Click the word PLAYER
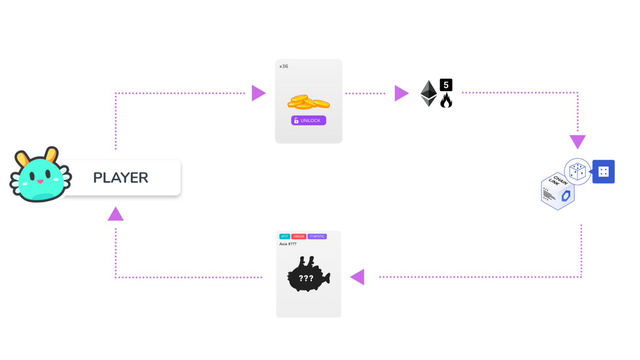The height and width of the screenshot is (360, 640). [x=121, y=177]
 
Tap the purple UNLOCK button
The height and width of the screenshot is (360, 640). [x=309, y=120]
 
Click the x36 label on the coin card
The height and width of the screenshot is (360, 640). [x=284, y=66]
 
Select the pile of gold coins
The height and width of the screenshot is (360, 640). [x=308, y=102]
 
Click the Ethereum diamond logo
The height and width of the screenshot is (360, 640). [x=428, y=93]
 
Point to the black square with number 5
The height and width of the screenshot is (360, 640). [x=446, y=85]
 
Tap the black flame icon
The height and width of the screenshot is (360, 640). [x=446, y=101]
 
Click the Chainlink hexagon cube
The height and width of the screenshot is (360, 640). [x=558, y=192]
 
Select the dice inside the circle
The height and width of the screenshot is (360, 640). [x=577, y=172]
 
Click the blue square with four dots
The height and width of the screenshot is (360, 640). [x=603, y=172]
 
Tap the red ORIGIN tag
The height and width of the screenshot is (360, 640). [x=299, y=236]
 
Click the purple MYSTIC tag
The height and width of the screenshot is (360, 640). [x=317, y=236]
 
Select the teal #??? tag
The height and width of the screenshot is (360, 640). [x=284, y=236]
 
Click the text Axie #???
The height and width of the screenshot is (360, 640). [x=288, y=244]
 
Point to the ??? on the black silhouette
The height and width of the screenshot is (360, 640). [x=306, y=278]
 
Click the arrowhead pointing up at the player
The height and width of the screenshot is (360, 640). [x=116, y=214]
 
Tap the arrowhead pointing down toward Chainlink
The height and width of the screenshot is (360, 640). [x=577, y=141]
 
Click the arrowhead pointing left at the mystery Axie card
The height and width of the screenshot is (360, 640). [x=358, y=277]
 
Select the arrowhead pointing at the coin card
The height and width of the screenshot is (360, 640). [x=258, y=93]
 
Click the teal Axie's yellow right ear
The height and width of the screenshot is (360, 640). [x=51, y=155]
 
